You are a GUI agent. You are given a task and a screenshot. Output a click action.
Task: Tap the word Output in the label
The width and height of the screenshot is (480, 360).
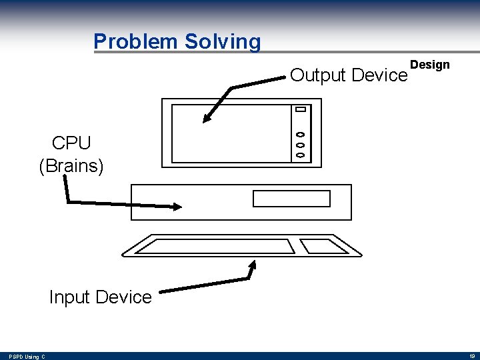point(318,75)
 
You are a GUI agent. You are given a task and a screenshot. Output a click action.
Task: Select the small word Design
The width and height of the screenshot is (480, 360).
point(430,65)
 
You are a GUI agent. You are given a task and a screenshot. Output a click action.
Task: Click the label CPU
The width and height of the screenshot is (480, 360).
point(71,143)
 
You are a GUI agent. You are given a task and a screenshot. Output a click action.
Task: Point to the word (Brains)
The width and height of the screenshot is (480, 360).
point(71,165)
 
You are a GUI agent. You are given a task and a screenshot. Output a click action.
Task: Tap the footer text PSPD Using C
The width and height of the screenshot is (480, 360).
point(27,357)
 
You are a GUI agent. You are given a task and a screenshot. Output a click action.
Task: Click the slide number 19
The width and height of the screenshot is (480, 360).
point(471,356)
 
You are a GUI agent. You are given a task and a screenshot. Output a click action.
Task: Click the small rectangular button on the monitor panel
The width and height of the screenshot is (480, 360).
point(300,109)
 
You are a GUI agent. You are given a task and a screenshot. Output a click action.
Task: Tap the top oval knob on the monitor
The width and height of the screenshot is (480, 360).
point(300,133)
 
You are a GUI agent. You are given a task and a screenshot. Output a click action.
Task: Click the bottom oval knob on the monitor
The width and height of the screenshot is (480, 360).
point(300,155)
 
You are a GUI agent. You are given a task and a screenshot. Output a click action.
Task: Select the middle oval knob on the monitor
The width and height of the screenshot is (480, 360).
point(300,144)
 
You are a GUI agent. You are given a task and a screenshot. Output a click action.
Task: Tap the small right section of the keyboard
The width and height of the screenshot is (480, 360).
point(323,246)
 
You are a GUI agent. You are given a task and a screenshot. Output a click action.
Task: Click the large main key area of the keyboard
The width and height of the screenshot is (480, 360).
point(215,246)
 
